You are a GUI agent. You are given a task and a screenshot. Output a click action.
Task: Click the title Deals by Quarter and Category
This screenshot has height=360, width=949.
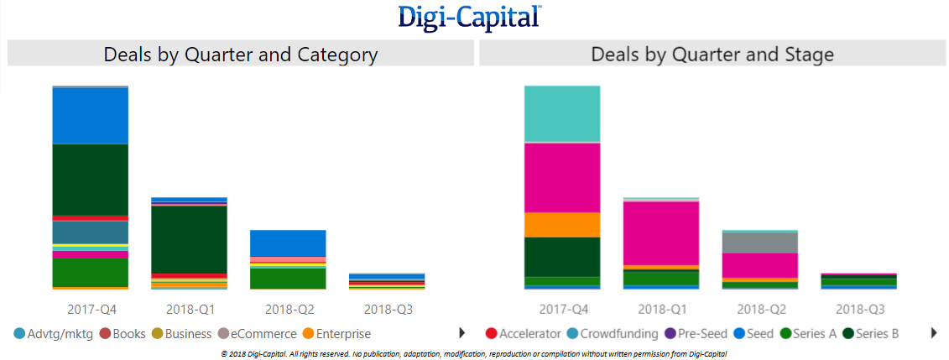pos(241,55)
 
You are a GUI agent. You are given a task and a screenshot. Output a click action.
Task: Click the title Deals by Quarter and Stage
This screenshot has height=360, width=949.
pos(712,55)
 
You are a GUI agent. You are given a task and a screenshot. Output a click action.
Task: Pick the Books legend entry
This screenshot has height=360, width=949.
pos(123,334)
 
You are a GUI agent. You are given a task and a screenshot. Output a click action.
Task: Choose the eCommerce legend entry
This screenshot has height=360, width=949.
pos(256,334)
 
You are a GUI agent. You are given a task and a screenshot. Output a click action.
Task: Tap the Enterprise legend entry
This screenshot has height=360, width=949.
pos(336,334)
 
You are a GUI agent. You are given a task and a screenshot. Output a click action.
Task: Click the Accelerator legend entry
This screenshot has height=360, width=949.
pos(524,334)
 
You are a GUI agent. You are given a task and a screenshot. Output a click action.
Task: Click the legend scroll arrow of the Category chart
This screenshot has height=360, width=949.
pos(461,333)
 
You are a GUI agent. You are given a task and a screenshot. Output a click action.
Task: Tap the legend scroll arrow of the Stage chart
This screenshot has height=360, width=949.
pos(934,333)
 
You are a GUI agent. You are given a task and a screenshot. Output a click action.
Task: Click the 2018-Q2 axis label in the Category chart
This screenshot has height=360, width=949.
pos(288,309)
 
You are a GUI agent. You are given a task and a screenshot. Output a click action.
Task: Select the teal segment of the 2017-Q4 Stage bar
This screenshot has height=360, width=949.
pos(562,114)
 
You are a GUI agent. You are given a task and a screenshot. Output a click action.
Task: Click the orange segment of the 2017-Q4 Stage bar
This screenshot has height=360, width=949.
pos(562,224)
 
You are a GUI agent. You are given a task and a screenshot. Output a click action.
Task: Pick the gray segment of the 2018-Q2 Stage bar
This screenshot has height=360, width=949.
pos(760,243)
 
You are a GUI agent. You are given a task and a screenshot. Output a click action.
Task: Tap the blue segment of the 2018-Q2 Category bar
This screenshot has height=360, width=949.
pos(288,243)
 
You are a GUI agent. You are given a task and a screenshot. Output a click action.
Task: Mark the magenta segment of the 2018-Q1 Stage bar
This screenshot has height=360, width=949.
pos(661,232)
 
